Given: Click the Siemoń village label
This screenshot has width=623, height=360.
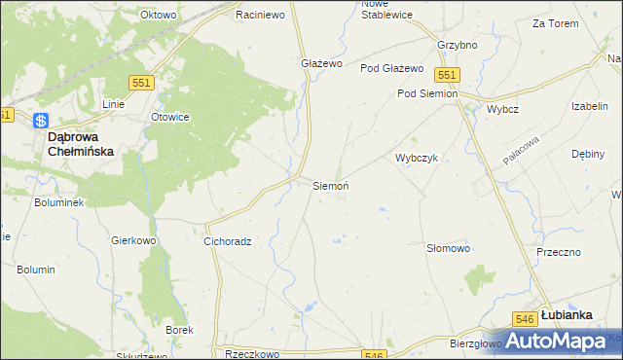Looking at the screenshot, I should click(x=331, y=185).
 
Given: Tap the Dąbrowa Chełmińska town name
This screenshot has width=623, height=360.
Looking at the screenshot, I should click(x=82, y=145).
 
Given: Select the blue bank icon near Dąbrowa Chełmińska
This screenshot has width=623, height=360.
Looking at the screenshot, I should click(x=40, y=121).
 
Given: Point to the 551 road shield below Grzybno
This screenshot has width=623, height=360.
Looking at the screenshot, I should click(x=447, y=75).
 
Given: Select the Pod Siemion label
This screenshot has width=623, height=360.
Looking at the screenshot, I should click(x=426, y=93).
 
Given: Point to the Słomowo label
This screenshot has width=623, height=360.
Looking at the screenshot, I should click(x=449, y=248).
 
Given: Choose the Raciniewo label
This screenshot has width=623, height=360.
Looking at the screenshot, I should click(x=260, y=16).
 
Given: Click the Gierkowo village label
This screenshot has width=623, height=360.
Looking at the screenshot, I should click(x=133, y=239).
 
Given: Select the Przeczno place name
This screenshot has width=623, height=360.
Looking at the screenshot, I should click(x=558, y=251).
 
